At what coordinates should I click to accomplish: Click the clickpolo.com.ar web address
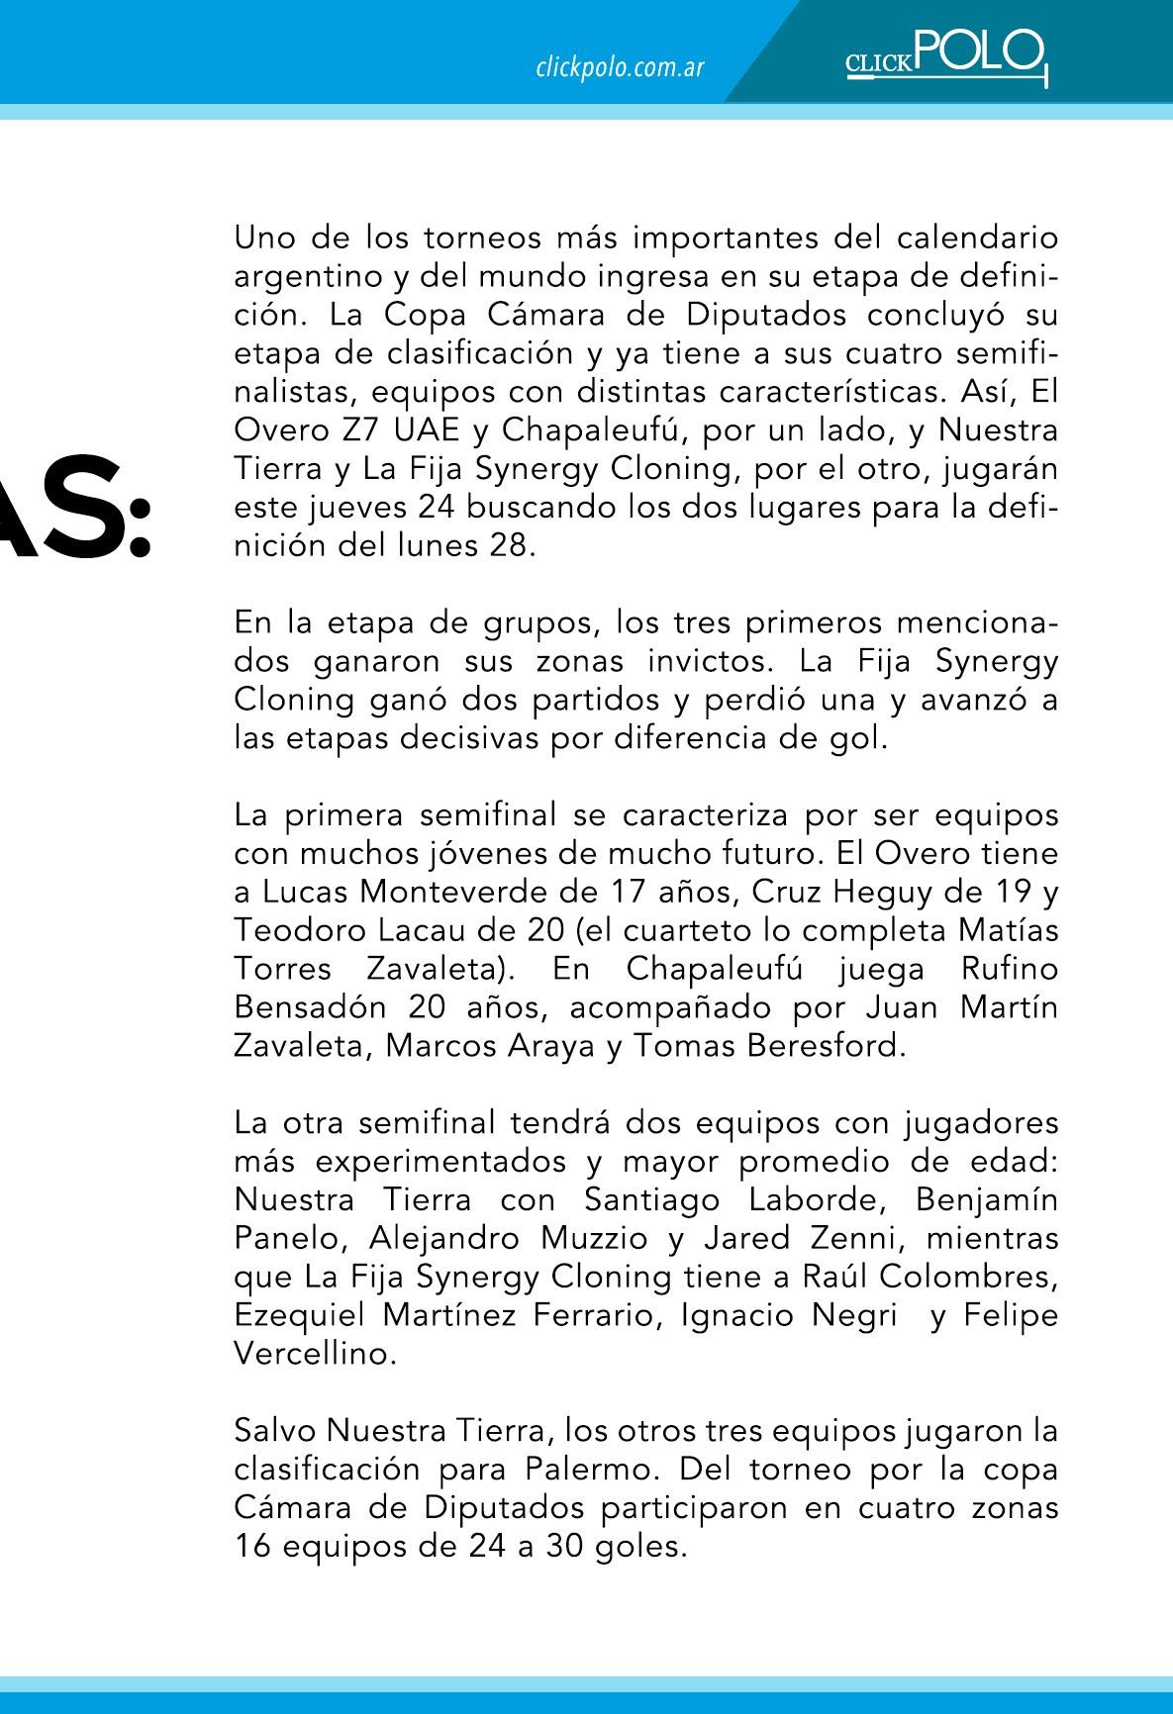click(620, 68)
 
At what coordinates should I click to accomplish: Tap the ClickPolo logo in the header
click(945, 57)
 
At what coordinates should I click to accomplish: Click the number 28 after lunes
click(505, 546)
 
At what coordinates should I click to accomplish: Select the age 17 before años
click(620, 892)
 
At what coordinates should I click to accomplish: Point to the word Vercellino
click(314, 1354)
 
